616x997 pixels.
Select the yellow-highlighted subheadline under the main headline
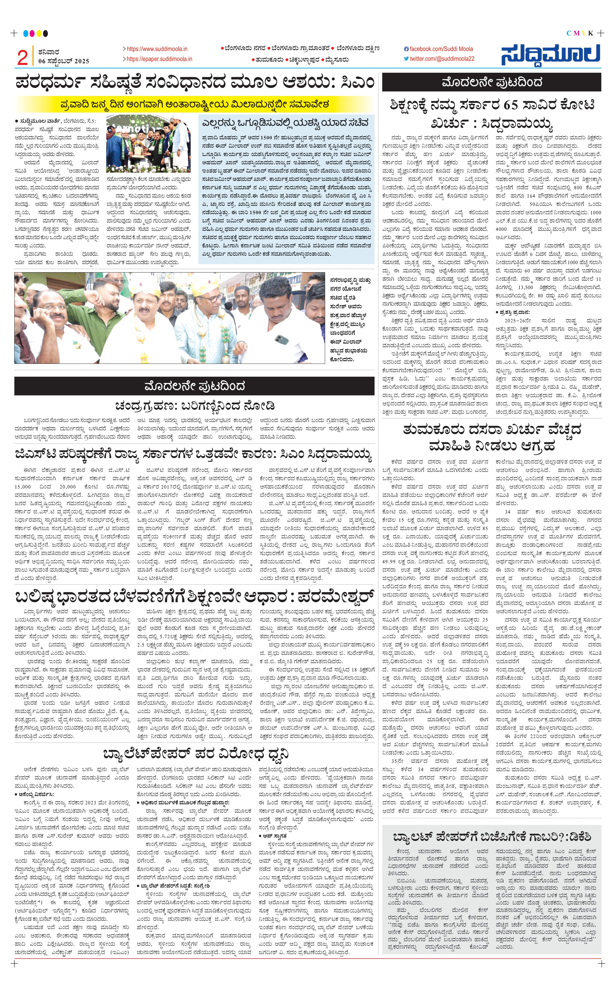pyautogui.click(x=194, y=104)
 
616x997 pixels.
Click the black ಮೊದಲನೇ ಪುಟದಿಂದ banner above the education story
pyautogui.click(x=491, y=83)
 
